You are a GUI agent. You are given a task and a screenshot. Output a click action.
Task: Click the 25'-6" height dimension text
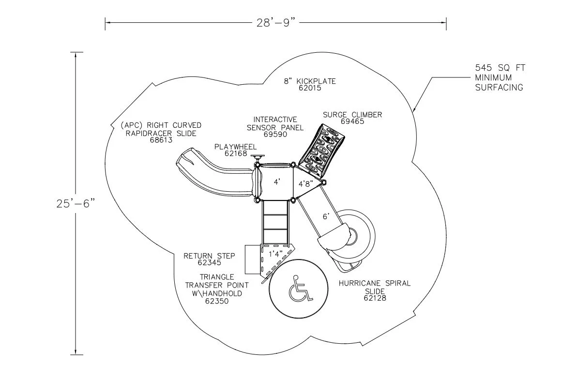tap(76, 203)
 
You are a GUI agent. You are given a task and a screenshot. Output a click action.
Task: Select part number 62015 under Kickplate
tap(310, 88)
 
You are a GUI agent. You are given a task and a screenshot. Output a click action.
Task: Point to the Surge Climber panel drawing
tap(322, 149)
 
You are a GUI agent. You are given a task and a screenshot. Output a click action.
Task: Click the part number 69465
tap(352, 121)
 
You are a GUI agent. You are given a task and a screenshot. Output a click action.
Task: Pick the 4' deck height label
tap(277, 182)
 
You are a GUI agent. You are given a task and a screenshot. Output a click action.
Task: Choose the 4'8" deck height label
tap(306, 183)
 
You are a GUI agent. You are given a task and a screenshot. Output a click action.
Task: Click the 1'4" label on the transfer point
tap(275, 254)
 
